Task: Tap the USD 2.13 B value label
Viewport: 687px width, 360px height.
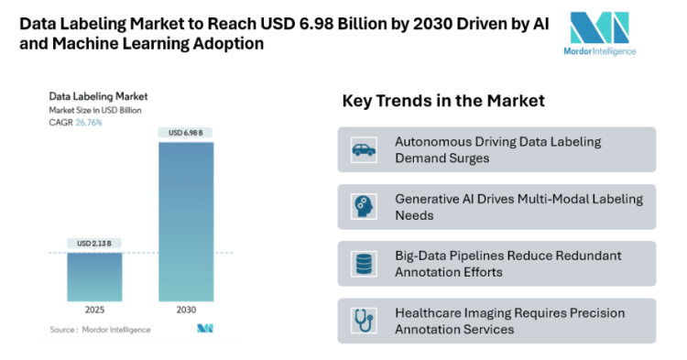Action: click(x=93, y=244)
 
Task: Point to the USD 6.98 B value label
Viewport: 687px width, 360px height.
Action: click(x=186, y=134)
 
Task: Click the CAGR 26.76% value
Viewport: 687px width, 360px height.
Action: click(x=89, y=122)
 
